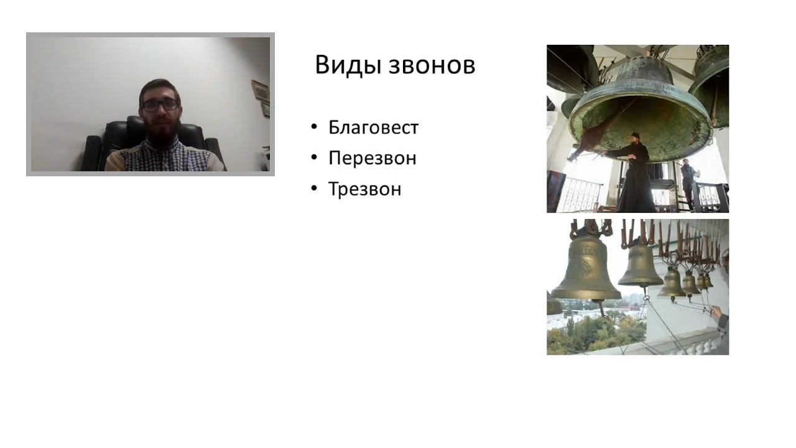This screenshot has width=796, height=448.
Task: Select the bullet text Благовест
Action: point(373,128)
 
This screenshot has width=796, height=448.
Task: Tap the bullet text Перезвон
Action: point(372,158)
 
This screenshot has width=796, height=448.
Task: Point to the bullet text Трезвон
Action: point(364,189)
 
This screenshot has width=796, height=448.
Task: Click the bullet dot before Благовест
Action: point(314,128)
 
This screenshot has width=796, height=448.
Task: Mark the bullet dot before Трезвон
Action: point(314,189)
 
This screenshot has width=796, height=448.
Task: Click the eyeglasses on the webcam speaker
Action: point(160,105)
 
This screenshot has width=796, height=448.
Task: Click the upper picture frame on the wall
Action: point(260,90)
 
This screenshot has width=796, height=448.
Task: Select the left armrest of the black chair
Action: point(91,152)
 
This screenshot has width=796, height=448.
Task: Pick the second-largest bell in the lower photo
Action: point(640,264)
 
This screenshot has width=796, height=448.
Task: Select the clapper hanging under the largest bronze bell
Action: point(601,309)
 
